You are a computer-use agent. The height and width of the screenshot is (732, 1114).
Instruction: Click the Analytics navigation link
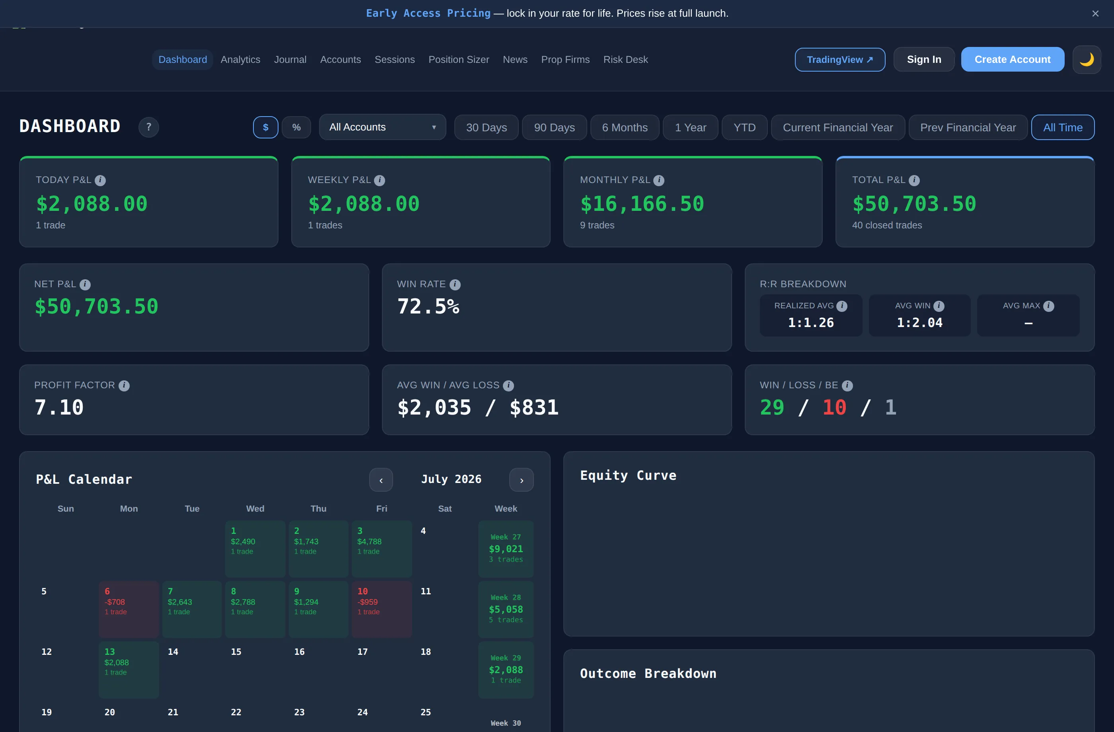(x=240, y=59)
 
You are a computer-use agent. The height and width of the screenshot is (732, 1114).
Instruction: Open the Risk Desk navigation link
(x=625, y=59)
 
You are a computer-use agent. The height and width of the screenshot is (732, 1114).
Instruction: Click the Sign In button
(x=923, y=59)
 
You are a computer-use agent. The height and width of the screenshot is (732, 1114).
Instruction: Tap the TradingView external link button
(x=840, y=59)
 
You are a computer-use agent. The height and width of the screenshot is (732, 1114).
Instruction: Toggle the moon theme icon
(x=1087, y=59)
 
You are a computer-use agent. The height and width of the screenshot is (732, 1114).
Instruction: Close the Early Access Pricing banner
(x=1095, y=14)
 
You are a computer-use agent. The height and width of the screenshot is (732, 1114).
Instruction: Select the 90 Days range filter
(x=554, y=127)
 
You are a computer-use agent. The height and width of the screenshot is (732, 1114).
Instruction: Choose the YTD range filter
(x=744, y=127)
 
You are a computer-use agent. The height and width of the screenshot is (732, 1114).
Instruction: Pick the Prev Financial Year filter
(x=968, y=127)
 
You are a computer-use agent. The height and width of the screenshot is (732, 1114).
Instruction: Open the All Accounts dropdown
(x=382, y=127)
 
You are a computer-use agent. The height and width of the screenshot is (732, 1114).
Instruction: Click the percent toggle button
(x=296, y=127)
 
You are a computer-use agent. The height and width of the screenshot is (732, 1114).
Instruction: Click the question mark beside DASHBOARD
(x=148, y=127)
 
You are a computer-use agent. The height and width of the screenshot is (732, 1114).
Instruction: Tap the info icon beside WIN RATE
(x=455, y=284)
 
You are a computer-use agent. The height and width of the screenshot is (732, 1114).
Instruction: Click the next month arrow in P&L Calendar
(x=522, y=480)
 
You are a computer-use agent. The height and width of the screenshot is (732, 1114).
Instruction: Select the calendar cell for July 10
(x=382, y=609)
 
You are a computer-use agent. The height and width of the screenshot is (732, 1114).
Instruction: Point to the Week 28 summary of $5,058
(x=506, y=609)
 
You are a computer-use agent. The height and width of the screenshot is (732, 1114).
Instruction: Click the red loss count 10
(x=834, y=407)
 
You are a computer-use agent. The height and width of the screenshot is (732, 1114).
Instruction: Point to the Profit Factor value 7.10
(x=59, y=407)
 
